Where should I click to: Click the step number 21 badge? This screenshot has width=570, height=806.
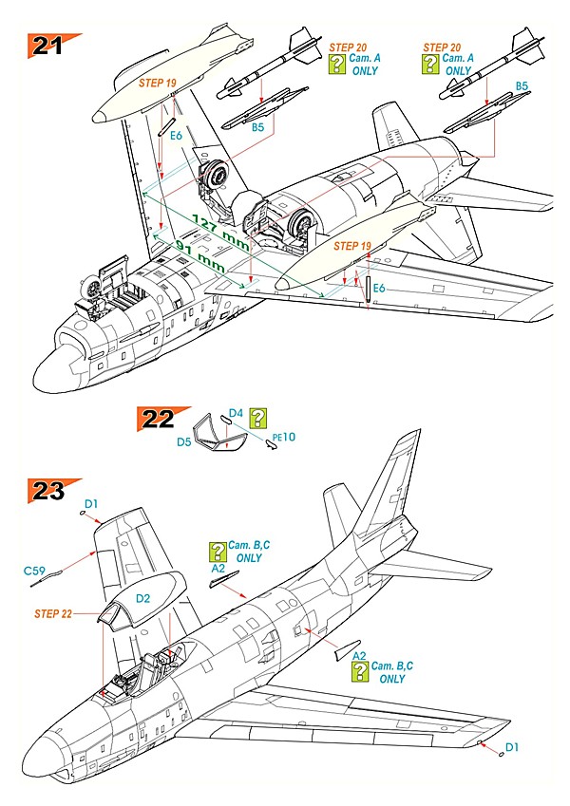[x=48, y=46]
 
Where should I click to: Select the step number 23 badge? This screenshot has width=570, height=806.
[x=48, y=491]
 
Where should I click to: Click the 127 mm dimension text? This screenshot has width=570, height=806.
[x=220, y=233]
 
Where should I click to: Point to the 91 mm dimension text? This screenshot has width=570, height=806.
[x=200, y=255]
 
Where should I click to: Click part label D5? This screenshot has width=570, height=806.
[x=184, y=441]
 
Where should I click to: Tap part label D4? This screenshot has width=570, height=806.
[x=236, y=413]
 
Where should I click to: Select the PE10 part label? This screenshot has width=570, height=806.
[x=284, y=437]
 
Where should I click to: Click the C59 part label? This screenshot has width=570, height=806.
[x=34, y=571]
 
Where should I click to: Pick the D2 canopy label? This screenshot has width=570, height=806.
[x=142, y=598]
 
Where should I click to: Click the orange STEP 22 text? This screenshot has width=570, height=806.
[x=53, y=613]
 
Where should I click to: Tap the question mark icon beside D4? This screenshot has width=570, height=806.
[x=258, y=419]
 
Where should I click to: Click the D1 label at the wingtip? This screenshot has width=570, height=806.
[x=512, y=747]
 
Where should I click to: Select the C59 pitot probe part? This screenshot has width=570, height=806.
[x=47, y=578]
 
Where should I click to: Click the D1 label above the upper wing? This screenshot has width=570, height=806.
[x=91, y=504]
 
